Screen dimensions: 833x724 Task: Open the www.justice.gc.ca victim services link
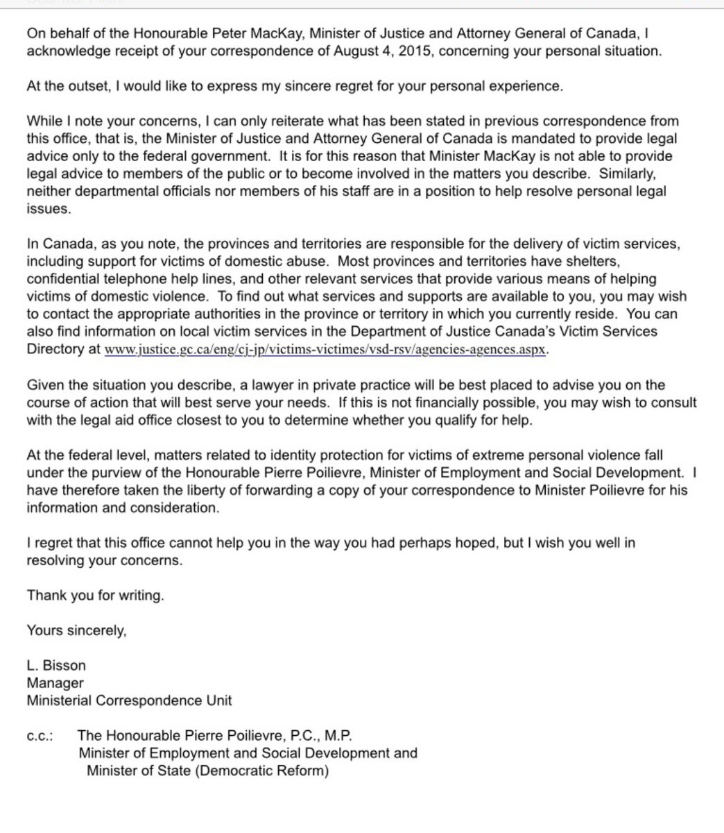tap(326, 350)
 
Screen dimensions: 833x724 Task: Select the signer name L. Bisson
tap(56, 665)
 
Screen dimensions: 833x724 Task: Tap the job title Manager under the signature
tap(55, 683)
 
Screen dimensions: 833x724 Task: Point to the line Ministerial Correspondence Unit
tap(129, 700)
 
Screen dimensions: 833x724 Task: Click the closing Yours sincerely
tap(76, 630)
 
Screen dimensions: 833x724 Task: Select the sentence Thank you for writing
tap(96, 595)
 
